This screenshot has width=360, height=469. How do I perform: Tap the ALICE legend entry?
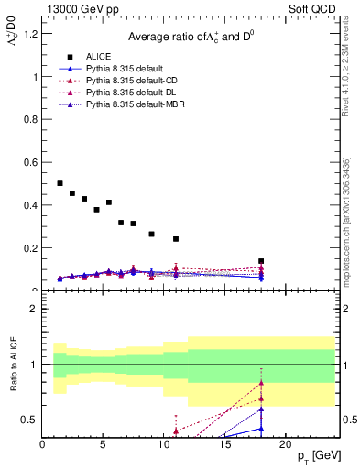coord(99,56)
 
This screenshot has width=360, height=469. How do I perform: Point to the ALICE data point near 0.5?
coord(60,183)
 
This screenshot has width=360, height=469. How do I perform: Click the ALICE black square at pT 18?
coord(261,261)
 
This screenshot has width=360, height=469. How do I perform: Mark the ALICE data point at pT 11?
coord(176,239)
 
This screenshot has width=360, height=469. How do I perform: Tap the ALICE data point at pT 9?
coord(151,234)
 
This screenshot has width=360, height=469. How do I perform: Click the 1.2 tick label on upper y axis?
coord(30,34)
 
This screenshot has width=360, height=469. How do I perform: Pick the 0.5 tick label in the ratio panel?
coord(29,420)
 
